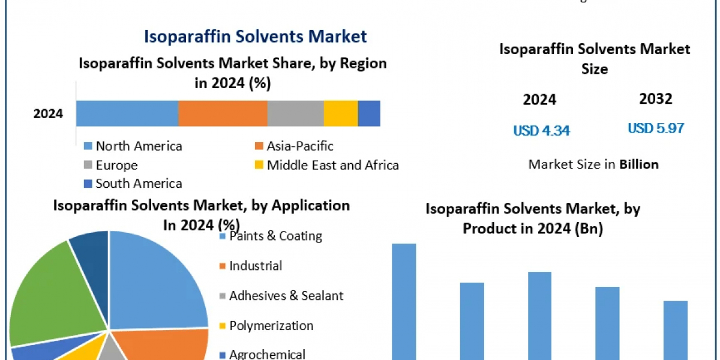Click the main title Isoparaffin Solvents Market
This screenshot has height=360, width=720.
click(x=255, y=36)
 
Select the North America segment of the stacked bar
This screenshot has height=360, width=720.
click(x=127, y=113)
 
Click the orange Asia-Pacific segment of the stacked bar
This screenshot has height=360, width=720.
click(x=223, y=113)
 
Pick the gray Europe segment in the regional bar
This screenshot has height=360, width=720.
click(x=295, y=113)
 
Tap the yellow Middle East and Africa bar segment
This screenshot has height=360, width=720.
click(x=341, y=113)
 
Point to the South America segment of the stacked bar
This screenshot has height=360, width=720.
click(x=369, y=113)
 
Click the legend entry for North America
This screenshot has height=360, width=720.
click(x=139, y=146)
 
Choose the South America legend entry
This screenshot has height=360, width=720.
click(x=139, y=184)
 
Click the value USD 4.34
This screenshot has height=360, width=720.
click(x=541, y=130)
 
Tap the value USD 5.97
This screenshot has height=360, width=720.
click(x=656, y=128)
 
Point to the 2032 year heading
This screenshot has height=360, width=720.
click(x=656, y=99)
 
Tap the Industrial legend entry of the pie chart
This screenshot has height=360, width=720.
click(x=256, y=266)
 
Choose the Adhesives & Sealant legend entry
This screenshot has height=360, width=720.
click(x=286, y=296)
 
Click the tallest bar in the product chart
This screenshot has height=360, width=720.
click(x=404, y=300)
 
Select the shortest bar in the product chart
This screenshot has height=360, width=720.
click(x=676, y=330)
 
